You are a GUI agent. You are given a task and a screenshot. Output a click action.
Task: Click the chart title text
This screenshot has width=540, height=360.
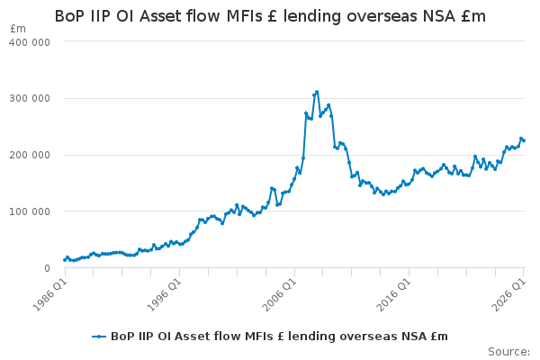pos(270,16)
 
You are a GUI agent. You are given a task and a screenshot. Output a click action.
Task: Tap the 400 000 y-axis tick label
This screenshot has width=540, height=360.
pos(30,42)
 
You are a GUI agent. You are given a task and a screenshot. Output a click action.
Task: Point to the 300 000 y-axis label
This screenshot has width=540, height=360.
pos(30,98)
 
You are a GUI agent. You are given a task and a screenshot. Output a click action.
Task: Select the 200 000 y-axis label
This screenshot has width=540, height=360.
pos(30,155)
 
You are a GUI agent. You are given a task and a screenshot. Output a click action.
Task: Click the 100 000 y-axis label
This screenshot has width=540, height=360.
pos(30,211)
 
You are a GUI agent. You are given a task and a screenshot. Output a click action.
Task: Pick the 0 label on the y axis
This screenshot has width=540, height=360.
pos(47,268)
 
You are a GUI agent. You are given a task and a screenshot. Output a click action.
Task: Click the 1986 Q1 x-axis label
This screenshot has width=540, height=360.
pos(50,294)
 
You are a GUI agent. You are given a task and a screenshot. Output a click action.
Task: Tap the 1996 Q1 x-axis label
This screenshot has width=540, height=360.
pos(165,294)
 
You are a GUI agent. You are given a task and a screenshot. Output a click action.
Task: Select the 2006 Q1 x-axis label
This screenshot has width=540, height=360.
pos(279,294)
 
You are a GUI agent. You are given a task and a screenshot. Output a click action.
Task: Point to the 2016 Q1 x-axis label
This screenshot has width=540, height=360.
pos(394,294)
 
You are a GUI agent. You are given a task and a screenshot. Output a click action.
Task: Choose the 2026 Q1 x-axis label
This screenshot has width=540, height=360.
pos(509,294)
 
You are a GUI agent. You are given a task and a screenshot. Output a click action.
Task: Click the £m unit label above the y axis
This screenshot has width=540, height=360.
pos(18,29)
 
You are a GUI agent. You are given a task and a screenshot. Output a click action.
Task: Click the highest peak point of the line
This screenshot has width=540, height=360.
pos(317,92)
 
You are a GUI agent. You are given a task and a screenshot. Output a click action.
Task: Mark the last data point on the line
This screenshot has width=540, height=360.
pos(524,140)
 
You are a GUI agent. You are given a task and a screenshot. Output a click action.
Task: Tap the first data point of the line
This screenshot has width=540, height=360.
pos(65,260)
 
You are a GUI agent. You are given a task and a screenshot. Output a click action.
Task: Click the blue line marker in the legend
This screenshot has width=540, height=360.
pos(99,337)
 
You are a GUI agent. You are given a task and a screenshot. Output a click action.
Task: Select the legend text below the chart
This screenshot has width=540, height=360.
pos(279,337)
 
